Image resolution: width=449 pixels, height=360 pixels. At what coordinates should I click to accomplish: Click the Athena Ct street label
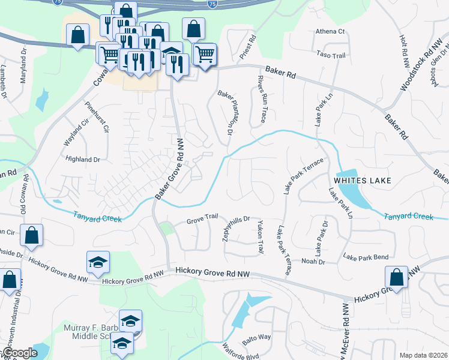coord(330,31)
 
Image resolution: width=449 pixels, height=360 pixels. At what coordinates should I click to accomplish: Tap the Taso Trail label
coord(332,55)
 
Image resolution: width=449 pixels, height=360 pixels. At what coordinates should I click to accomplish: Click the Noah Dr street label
coord(313,261)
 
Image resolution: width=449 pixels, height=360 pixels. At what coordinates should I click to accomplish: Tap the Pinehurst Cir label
coord(97,117)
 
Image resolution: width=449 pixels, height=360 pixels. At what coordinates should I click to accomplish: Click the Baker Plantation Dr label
coord(226,112)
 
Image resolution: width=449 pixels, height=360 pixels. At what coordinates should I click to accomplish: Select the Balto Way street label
coord(257,340)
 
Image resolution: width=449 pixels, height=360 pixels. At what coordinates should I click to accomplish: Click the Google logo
coord(20,353)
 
